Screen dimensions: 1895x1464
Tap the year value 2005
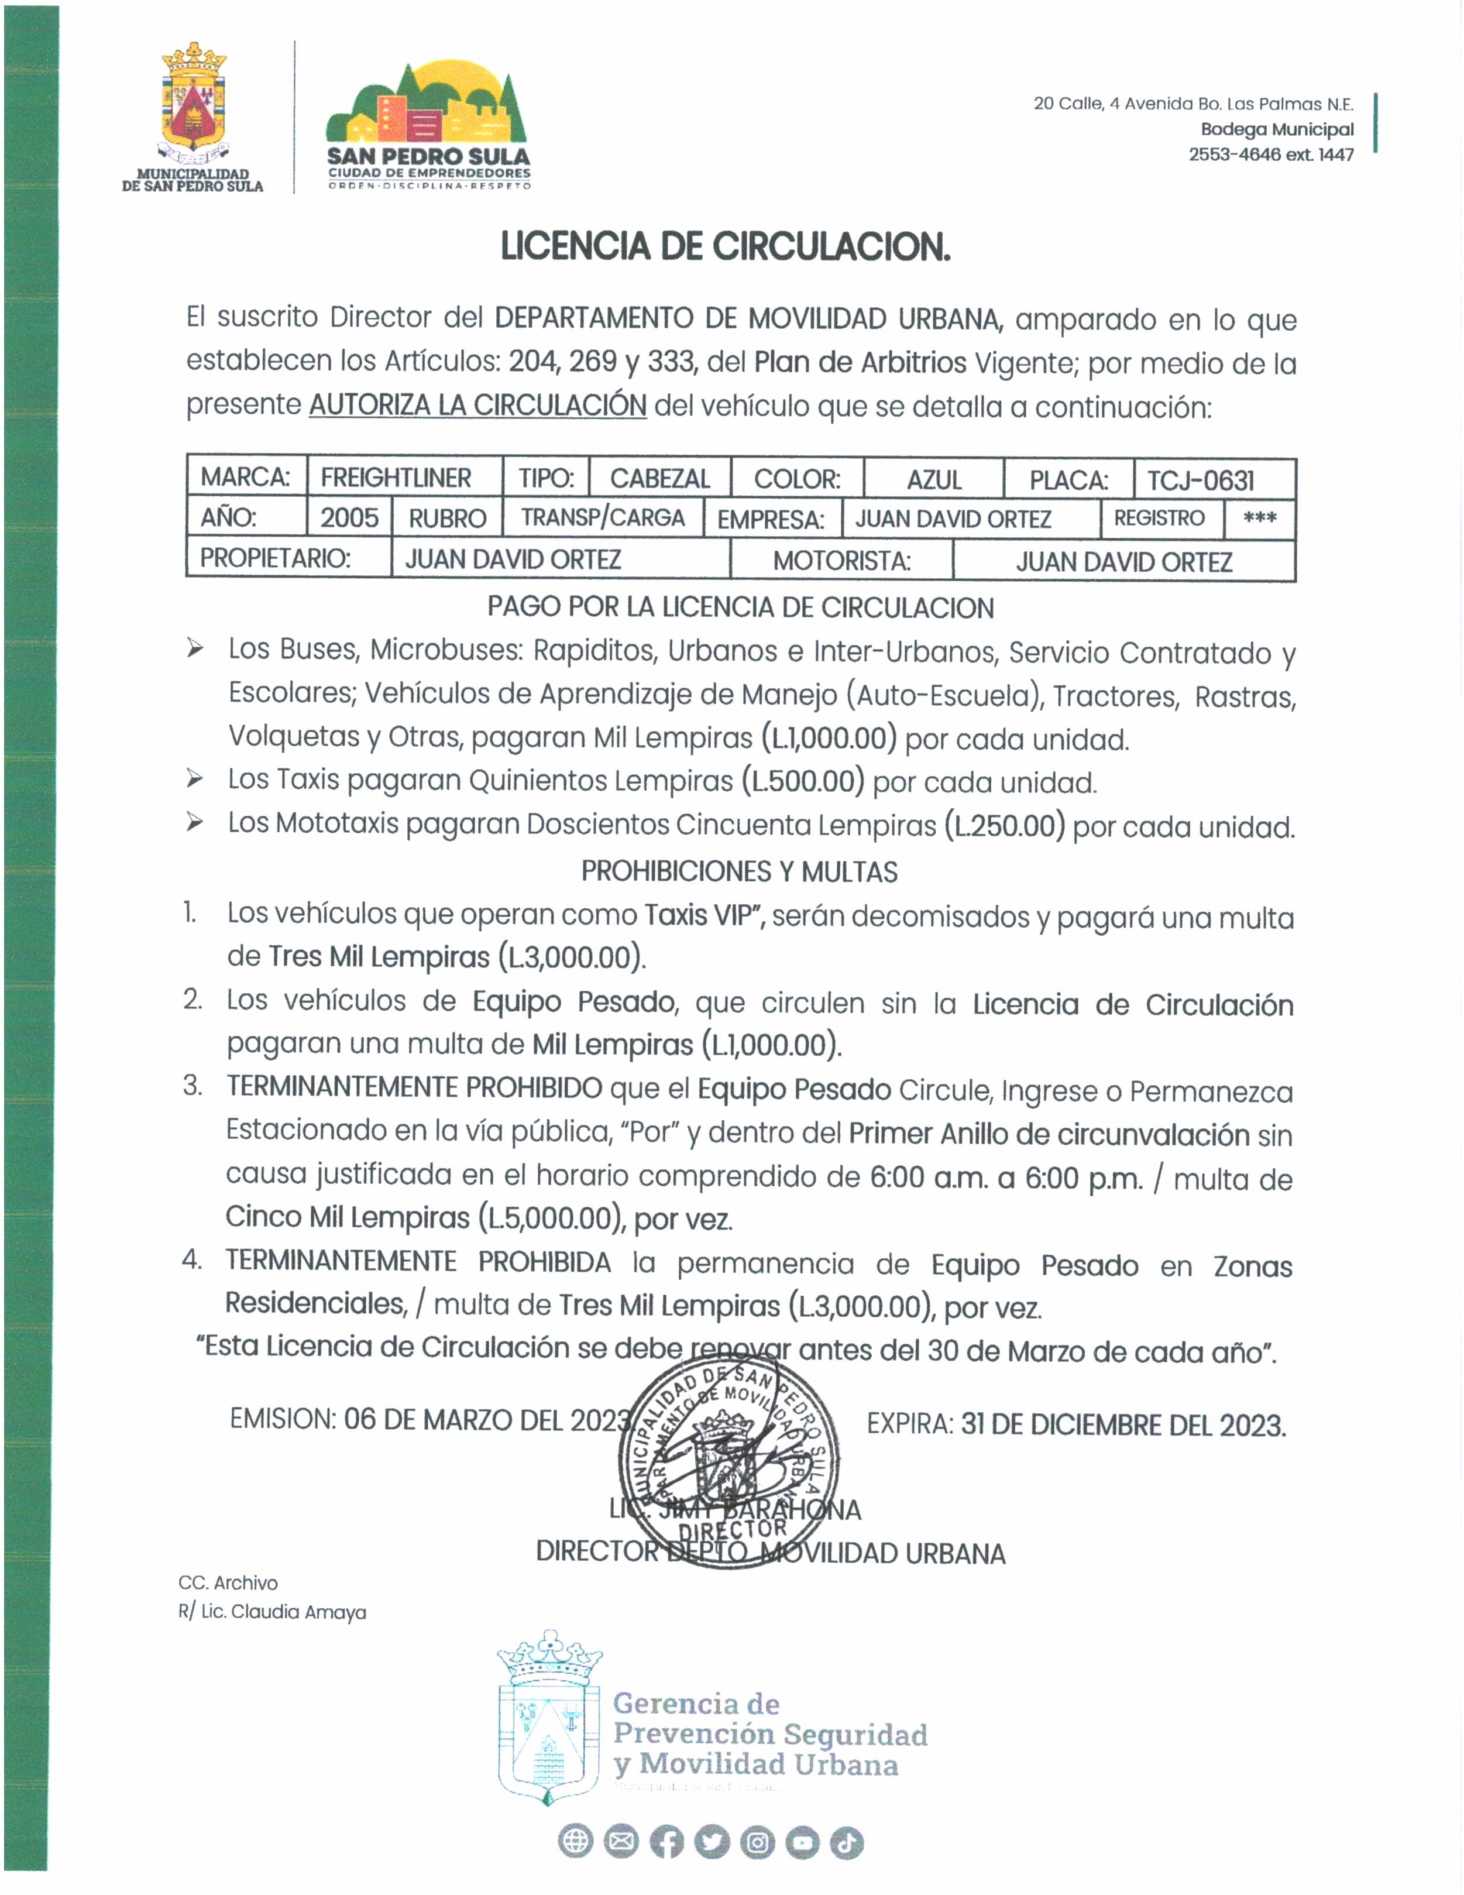(x=349, y=518)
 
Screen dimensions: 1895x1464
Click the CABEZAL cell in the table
(x=660, y=479)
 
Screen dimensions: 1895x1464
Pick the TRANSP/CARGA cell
(x=603, y=518)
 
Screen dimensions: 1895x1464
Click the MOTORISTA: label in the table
(x=841, y=561)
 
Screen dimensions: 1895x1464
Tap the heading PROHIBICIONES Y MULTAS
(x=739, y=872)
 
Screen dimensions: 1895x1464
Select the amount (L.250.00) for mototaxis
(x=1004, y=825)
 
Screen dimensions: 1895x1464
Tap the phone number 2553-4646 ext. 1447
(x=1270, y=155)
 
